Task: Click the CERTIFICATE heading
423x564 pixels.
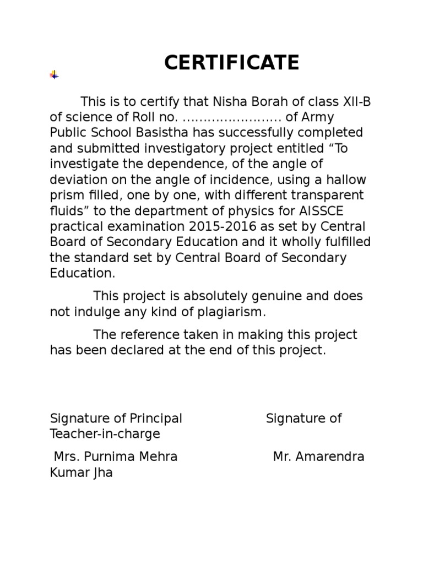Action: (x=231, y=63)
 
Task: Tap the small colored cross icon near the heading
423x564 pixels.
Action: (x=54, y=75)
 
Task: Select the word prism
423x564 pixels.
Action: (x=66, y=196)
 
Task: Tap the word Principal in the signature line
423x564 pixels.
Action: (x=155, y=419)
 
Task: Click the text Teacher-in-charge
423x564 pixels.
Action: (x=105, y=434)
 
